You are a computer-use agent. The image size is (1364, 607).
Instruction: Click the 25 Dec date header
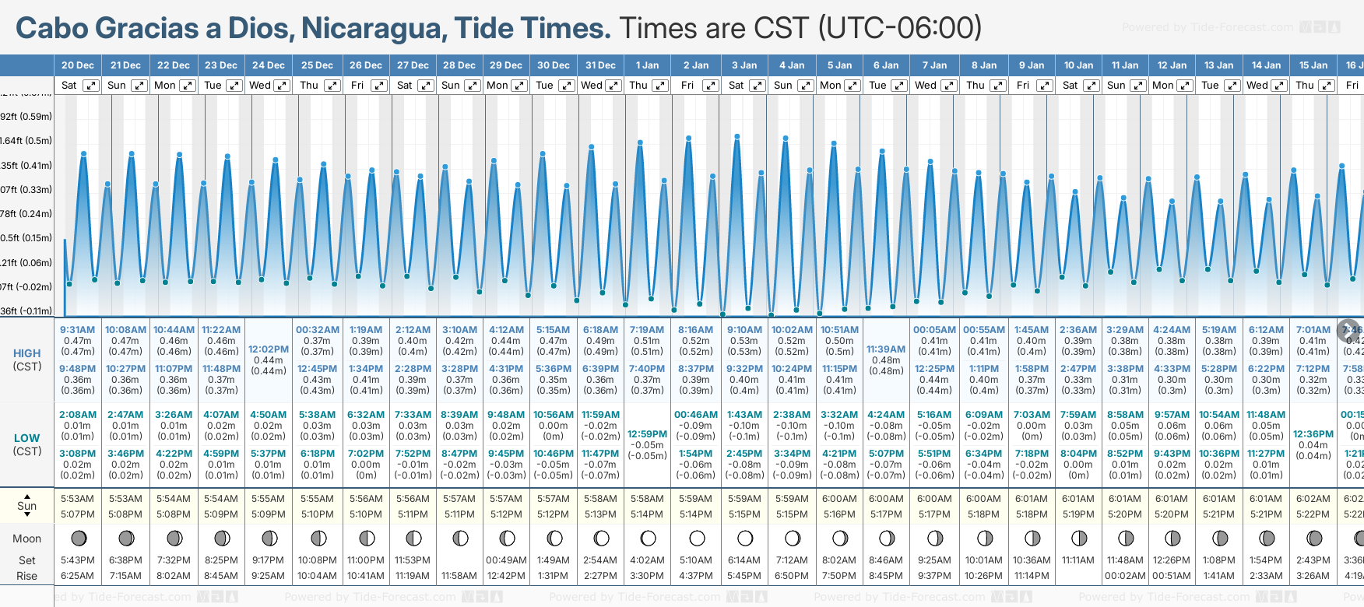(317, 65)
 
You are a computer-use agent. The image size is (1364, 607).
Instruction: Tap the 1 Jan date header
(647, 65)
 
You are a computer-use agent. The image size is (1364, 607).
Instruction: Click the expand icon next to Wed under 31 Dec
(613, 86)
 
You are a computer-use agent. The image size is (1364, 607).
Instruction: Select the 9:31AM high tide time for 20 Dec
(78, 330)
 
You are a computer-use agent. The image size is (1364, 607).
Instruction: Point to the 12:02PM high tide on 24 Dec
(269, 349)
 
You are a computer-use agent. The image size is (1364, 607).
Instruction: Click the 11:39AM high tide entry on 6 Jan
(886, 349)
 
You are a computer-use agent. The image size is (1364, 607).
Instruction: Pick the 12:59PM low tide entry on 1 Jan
(647, 434)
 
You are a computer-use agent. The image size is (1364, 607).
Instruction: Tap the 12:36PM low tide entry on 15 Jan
(1313, 434)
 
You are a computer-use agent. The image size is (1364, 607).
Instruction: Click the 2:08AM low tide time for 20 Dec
(78, 415)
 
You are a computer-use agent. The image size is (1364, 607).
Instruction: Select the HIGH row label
(26, 353)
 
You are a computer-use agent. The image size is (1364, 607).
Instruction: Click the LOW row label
(26, 438)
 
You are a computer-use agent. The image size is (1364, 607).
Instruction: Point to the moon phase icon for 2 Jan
(697, 538)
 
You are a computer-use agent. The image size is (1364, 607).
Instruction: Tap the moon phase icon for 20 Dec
(78, 538)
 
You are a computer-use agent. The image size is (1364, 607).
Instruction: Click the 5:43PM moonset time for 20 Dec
(78, 560)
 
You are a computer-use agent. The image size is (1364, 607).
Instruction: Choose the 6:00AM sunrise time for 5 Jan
(840, 499)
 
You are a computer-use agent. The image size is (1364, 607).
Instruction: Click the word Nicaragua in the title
(374, 28)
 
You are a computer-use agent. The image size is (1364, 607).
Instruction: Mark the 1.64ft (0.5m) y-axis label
(26, 141)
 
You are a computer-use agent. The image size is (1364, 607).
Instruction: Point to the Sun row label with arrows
(26, 506)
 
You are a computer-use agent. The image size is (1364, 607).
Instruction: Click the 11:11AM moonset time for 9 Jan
(1078, 560)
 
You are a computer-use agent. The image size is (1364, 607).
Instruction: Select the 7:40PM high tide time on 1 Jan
(647, 369)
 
